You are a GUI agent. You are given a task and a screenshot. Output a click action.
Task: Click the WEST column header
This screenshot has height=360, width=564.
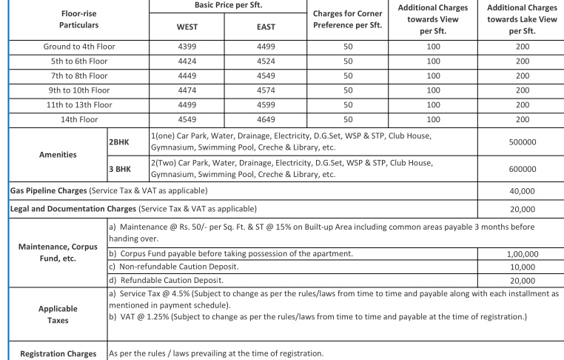pos(187,27)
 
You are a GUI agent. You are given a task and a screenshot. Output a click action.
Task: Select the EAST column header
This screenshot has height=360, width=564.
pos(266,27)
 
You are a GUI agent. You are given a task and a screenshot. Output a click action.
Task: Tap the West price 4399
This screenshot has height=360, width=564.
pos(187,47)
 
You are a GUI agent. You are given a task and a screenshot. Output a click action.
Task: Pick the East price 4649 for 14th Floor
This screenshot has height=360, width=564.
pos(266,119)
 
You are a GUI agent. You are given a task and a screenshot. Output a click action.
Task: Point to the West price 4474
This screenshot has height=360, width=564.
pos(187,90)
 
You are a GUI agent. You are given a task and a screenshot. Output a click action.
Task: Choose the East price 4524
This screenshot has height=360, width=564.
pos(266,61)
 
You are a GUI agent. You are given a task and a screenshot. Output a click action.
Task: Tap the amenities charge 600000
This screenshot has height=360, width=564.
pos(523,169)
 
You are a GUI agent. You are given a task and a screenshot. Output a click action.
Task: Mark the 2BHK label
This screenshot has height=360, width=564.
pos(119,138)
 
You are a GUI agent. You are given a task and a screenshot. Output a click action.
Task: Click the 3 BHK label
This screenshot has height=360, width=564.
pos(121,169)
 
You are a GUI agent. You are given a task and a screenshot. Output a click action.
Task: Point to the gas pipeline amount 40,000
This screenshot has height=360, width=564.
pos(523,191)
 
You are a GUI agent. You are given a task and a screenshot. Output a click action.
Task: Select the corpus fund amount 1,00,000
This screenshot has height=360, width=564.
pos(523,254)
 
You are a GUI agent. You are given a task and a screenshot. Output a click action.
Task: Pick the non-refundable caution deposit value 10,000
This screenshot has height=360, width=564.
pos(523,267)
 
